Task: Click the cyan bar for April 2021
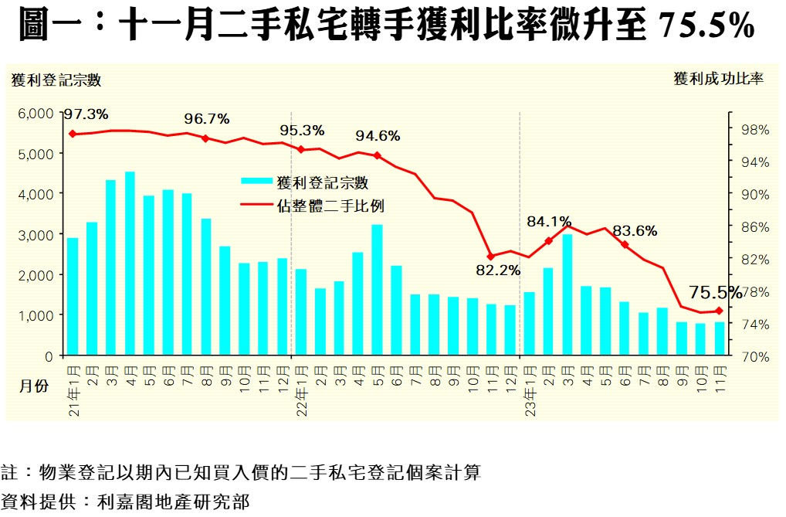pyautogui.click(x=130, y=264)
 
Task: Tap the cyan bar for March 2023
pyautogui.click(x=567, y=294)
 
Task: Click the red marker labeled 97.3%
pyautogui.click(x=73, y=134)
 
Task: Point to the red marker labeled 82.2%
pyautogui.click(x=490, y=257)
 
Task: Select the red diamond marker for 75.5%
pyautogui.click(x=719, y=311)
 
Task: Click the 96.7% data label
pyautogui.click(x=207, y=119)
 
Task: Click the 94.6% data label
pyautogui.click(x=378, y=137)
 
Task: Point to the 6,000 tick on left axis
pyautogui.click(x=36, y=113)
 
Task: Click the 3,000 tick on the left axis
pyautogui.click(x=36, y=234)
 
